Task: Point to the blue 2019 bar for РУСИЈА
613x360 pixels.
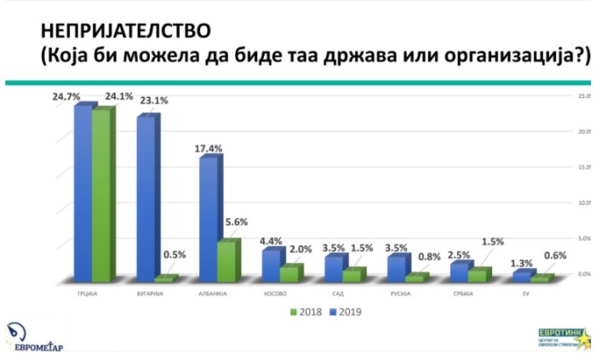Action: (396, 268)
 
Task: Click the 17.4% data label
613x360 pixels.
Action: (209, 148)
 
